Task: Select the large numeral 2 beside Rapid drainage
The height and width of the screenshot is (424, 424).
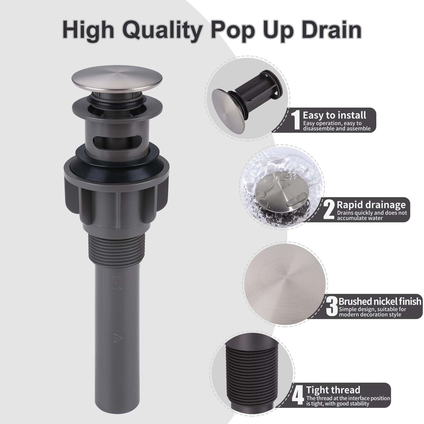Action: (329, 210)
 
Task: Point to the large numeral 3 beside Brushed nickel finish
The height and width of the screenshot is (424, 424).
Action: (332, 307)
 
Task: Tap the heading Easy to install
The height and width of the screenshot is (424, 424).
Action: (334, 115)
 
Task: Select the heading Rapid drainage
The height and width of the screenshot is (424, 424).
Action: (371, 205)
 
